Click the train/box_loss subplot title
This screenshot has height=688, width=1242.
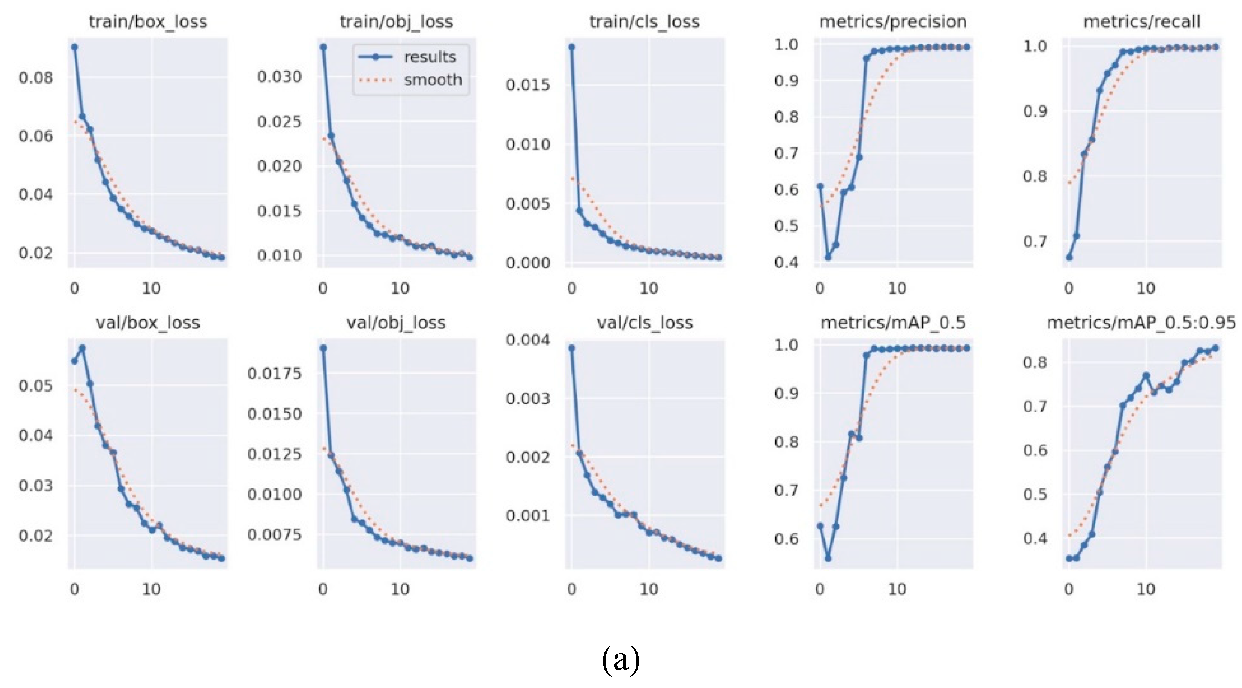[148, 22]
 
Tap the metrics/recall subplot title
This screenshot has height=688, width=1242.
[1141, 22]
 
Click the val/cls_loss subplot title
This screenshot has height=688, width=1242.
[645, 323]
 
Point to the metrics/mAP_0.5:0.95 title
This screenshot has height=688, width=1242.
[1141, 323]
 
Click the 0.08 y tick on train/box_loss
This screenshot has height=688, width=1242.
[36, 77]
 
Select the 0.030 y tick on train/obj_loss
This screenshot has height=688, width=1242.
[279, 76]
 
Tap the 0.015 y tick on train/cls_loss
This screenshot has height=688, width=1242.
[528, 85]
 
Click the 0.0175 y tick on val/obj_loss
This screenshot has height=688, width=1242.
[274, 373]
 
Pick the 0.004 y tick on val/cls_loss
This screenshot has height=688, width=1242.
[528, 340]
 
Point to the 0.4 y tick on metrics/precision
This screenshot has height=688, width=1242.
[786, 262]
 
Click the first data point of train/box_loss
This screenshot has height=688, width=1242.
[75, 47]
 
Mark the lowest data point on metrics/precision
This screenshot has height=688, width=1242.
[828, 258]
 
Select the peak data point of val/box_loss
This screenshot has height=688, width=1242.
[83, 348]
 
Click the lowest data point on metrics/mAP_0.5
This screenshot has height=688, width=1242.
[828, 558]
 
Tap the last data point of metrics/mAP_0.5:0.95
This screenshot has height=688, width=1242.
[1216, 348]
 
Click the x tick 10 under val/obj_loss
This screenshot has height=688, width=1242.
[400, 589]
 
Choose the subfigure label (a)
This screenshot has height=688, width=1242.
[621, 659]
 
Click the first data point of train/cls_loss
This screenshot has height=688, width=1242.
[572, 47]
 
